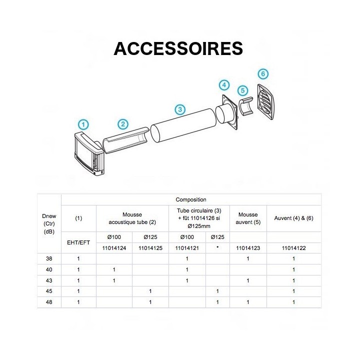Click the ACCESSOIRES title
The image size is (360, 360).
click(x=178, y=48)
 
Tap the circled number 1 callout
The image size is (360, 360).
click(x=83, y=124)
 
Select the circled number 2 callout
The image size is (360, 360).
click(x=123, y=124)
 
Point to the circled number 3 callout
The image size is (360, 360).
click(x=180, y=109)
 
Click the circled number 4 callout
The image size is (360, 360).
click(x=224, y=85)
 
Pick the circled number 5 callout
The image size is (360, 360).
click(x=242, y=90)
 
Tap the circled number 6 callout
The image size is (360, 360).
click(x=263, y=74)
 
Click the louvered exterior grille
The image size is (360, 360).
click(x=266, y=102)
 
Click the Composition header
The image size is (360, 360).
click(x=191, y=199)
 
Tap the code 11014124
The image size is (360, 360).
click(x=114, y=248)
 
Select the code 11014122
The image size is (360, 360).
click(x=294, y=248)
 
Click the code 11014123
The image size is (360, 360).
click(x=248, y=248)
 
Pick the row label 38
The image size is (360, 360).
click(x=49, y=258)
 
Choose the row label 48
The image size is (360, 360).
click(x=49, y=302)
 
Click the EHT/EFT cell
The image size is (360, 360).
click(x=78, y=242)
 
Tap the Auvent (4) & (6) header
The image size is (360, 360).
click(x=294, y=218)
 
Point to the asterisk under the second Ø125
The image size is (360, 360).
click(x=217, y=247)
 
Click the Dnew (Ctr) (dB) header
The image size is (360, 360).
click(x=49, y=223)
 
